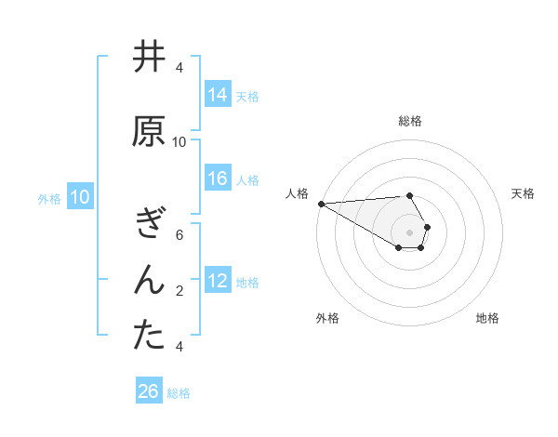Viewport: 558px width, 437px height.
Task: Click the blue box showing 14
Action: [x=217, y=95]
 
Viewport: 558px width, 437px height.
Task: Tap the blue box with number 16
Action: [x=217, y=179]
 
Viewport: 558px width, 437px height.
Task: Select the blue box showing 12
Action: [x=217, y=281]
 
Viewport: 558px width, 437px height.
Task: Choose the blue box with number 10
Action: [x=79, y=197]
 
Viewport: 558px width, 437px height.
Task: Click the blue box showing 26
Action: [x=149, y=391]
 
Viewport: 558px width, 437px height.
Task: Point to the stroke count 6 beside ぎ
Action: [x=179, y=235]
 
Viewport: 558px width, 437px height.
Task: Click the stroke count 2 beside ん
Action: [x=179, y=291]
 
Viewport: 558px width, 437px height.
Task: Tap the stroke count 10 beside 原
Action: [x=179, y=142]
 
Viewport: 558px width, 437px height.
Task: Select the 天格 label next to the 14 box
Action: [x=247, y=96]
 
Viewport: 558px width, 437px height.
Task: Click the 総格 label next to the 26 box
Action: [x=179, y=392]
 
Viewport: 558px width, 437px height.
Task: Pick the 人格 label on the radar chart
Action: [x=297, y=193]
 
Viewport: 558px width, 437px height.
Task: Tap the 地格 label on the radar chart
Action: [x=487, y=318]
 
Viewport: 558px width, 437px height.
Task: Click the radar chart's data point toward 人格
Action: [x=321, y=204]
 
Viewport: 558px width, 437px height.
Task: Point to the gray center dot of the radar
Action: [x=409, y=231]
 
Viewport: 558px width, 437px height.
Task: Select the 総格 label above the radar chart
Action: [x=409, y=121]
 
